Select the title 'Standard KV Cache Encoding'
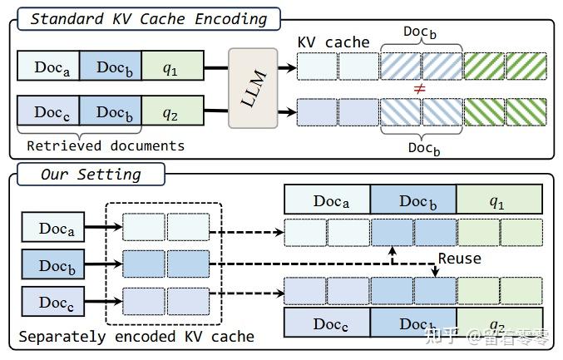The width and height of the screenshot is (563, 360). pyautogui.click(x=148, y=18)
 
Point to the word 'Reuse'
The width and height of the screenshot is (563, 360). pyautogui.click(x=459, y=259)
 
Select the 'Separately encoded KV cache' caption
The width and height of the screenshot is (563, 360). pyautogui.click(x=136, y=337)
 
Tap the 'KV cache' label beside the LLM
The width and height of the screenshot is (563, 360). pyautogui.click(x=333, y=42)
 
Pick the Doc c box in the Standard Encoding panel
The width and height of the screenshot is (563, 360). pyautogui.click(x=48, y=112)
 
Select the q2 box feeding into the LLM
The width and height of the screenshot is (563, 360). pyautogui.click(x=171, y=112)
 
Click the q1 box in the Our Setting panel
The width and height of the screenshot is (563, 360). pyautogui.click(x=499, y=200)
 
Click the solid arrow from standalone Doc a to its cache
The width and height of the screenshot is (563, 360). pyautogui.click(x=104, y=228)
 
